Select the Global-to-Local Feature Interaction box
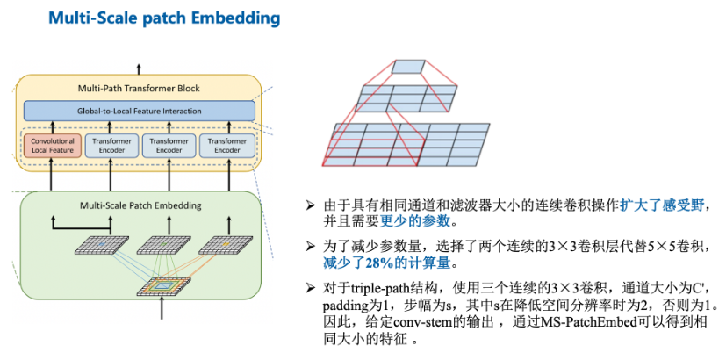[x=139, y=111]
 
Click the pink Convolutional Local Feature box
[x=53, y=145]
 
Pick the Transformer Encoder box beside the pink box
[x=110, y=145]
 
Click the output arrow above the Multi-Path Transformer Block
[x=138, y=68]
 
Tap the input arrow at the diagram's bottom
[x=162, y=309]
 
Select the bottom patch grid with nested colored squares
[x=162, y=286]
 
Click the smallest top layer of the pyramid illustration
[x=407, y=66]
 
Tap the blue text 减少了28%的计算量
[x=379, y=263]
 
